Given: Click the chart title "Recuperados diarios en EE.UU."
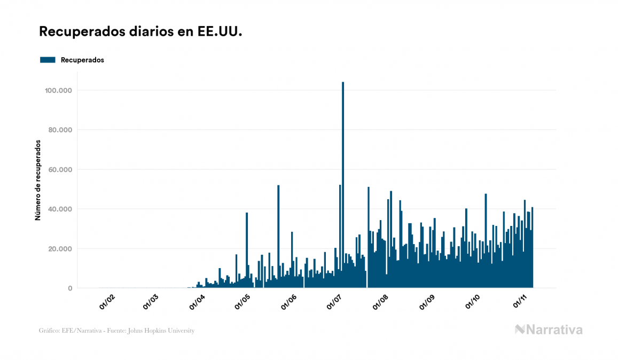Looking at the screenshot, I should tap(140, 32).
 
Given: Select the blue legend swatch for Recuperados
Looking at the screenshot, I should tap(48, 60).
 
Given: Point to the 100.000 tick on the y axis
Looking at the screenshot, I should tap(58, 90).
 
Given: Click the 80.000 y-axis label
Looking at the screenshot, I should tap(60, 130).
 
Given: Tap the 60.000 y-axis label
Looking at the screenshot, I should tap(60, 169).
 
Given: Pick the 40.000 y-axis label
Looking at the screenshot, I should tap(60, 209).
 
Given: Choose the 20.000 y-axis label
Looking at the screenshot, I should tap(60, 248).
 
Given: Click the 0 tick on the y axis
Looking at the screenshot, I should tap(70, 288).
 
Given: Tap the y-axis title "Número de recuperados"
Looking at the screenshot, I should tap(38, 180).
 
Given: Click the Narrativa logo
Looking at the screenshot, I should tap(549, 330).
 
